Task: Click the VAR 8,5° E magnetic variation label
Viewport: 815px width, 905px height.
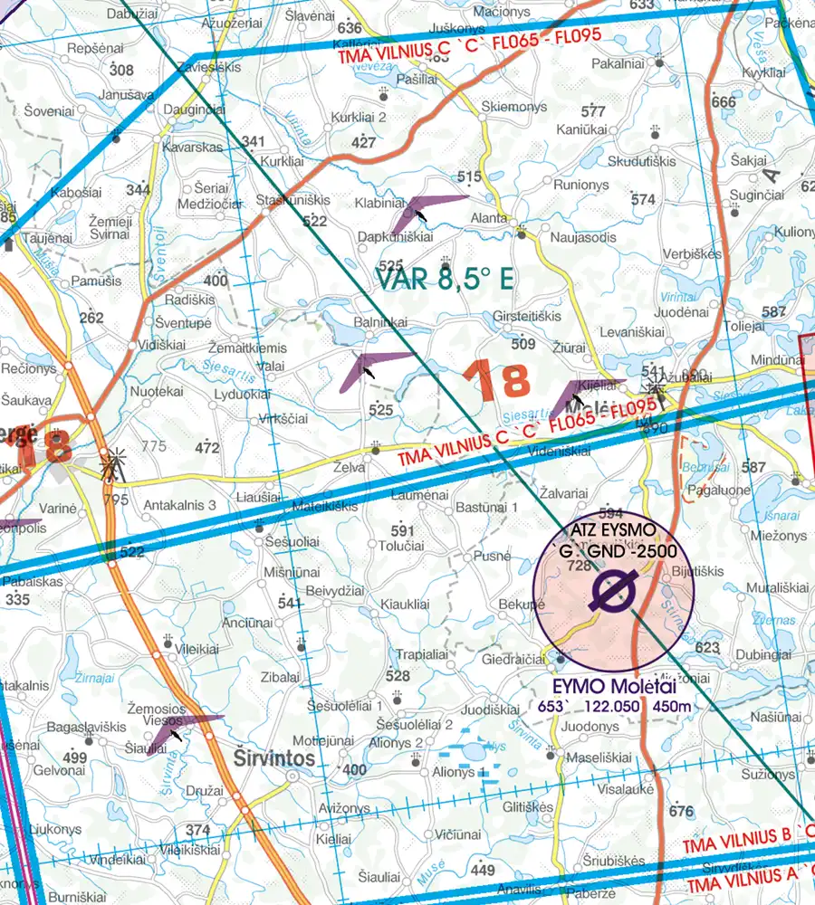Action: pyautogui.click(x=444, y=279)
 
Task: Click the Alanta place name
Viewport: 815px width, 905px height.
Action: pyautogui.click(x=490, y=217)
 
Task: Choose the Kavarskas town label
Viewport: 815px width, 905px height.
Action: pyautogui.click(x=191, y=147)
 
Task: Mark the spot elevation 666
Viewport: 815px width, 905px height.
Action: pyautogui.click(x=724, y=102)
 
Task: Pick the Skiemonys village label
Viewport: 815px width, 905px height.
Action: pyautogui.click(x=514, y=107)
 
